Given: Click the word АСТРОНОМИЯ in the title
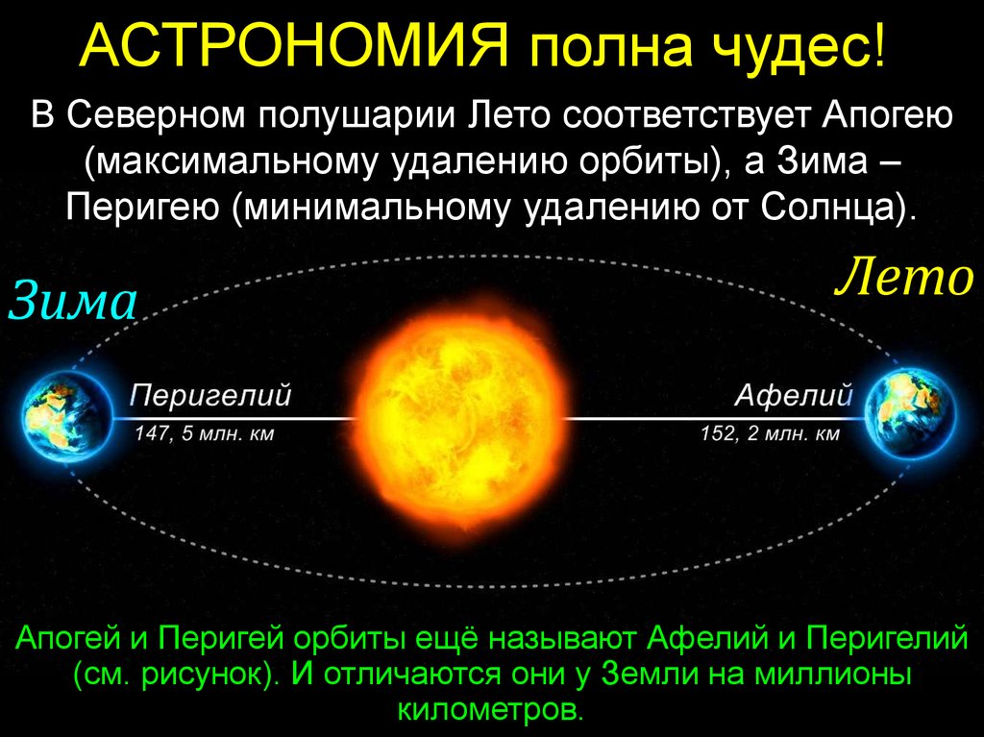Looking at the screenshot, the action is (294, 45).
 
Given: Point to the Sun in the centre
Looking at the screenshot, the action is (461, 417).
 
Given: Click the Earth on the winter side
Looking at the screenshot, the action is (66, 416).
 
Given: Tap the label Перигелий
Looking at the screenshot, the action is (210, 396).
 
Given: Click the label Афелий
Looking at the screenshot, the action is (794, 395).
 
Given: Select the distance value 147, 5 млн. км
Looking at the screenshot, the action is (206, 433).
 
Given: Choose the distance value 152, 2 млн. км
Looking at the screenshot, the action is (770, 433).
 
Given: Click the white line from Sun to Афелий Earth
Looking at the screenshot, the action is (714, 418).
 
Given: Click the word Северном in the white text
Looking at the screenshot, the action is (158, 117).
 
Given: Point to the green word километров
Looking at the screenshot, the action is (486, 707).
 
